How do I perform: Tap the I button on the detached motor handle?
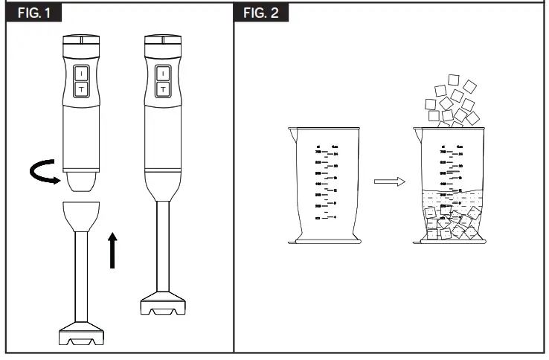point(81,74)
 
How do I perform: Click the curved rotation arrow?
point(44,173)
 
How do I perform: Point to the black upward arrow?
point(112,249)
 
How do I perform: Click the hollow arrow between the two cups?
point(389,182)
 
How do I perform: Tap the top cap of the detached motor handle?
point(81,42)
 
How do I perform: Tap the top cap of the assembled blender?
point(163,42)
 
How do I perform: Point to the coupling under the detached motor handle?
point(81,181)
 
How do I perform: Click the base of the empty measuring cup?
point(324,240)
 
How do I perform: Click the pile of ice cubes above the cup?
point(450,104)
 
